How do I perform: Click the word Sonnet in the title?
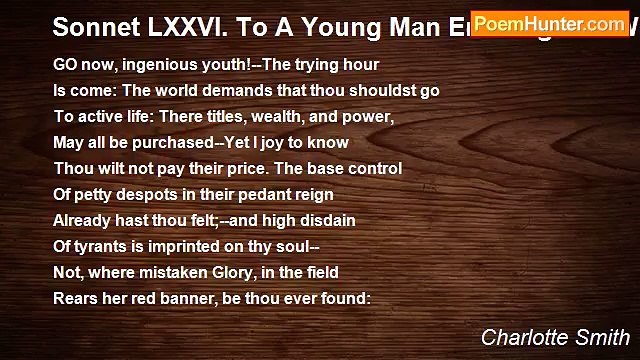(x=92, y=26)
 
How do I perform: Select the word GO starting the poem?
(x=64, y=64)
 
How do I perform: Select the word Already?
(x=82, y=220)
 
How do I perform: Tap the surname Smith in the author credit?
(x=603, y=337)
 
